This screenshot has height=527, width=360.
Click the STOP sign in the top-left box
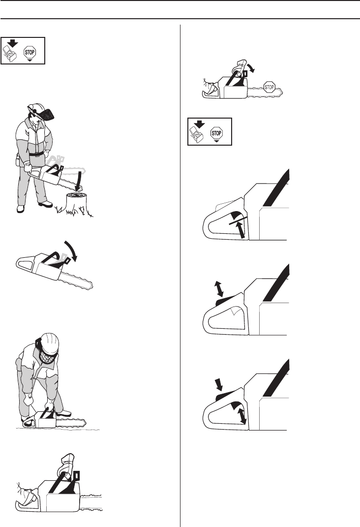(30, 53)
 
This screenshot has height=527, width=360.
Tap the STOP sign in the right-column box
(216, 133)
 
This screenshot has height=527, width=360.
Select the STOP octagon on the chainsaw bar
(270, 87)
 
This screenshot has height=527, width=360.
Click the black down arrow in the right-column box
(200, 124)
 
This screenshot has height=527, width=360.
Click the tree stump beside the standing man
(77, 203)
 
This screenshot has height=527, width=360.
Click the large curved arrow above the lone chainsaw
(71, 250)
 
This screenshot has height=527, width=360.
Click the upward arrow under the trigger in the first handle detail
(240, 230)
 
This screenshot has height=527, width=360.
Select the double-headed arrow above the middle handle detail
(219, 289)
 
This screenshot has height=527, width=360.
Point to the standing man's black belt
(36, 154)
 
